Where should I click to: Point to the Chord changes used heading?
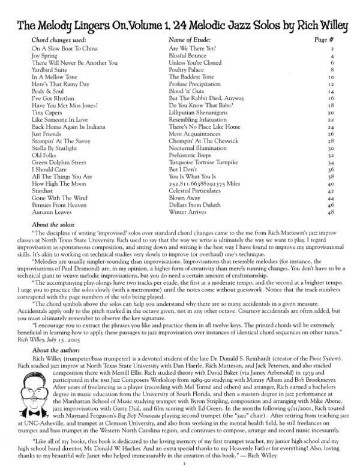(x=62, y=38)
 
